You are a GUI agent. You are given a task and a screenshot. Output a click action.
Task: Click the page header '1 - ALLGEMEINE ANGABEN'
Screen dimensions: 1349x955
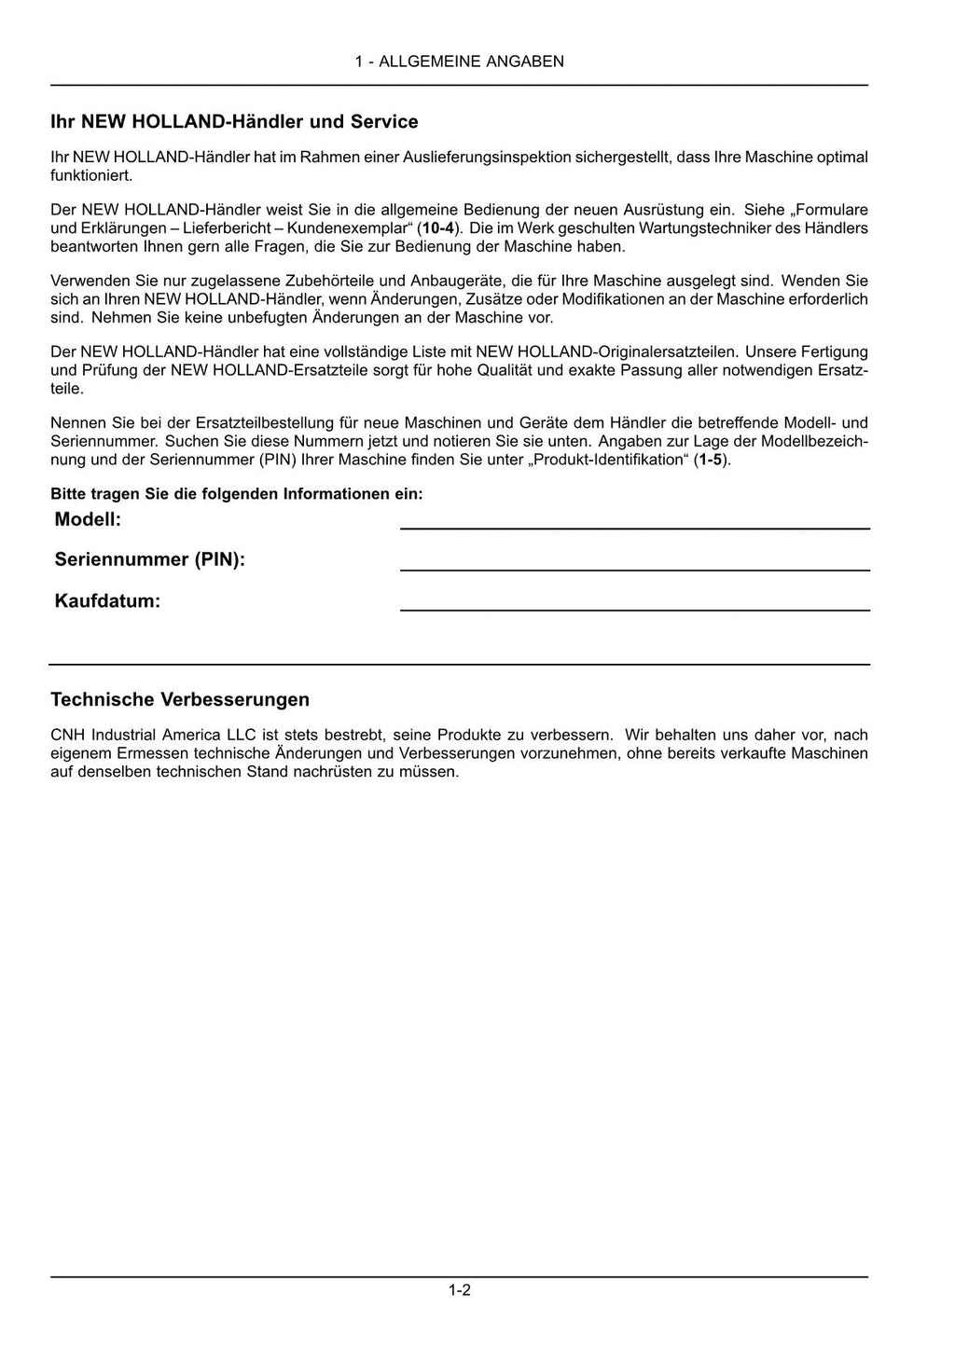pos(459,62)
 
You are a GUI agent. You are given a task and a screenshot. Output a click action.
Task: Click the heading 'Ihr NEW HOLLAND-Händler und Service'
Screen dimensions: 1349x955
pos(234,122)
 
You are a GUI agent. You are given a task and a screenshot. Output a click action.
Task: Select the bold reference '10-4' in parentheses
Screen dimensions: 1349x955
pos(437,228)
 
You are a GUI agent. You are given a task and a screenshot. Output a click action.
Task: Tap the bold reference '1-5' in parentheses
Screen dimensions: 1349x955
pos(710,460)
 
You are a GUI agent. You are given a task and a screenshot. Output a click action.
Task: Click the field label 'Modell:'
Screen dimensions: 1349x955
pos(88,519)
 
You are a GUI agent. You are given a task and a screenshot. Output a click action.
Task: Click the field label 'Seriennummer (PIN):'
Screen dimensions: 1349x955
pos(149,559)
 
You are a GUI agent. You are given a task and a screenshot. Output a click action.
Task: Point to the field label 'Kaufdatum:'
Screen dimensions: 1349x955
pos(107,601)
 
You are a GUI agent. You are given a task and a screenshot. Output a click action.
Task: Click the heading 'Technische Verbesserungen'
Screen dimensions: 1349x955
pos(180,699)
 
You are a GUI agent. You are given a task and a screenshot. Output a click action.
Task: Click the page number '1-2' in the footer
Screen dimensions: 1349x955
pos(459,1291)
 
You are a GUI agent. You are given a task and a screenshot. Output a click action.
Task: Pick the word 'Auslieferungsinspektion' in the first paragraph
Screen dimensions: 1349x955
pos(486,158)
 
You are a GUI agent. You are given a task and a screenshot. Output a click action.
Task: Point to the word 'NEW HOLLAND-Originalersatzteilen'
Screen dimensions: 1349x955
pos(606,351)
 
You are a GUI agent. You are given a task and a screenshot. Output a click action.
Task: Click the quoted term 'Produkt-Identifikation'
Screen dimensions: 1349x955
pos(609,460)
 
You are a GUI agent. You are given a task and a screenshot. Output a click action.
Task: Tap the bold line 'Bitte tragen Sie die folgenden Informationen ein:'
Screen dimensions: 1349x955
pos(236,493)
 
